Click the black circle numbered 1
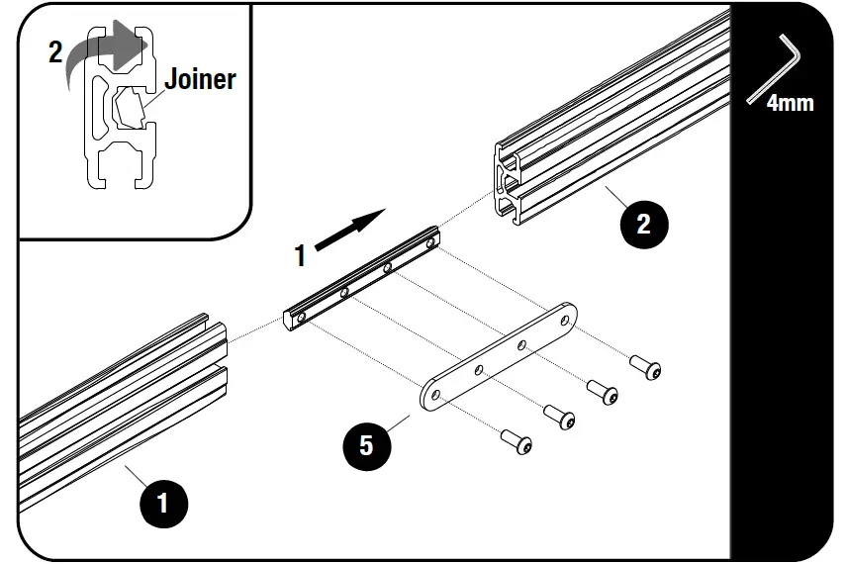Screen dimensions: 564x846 coord(163,503)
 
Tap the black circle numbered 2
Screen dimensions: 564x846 coord(643,223)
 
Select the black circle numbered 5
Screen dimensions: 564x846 coord(366,445)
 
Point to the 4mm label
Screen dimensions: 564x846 coord(790,102)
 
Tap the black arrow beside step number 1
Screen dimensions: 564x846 coord(350,231)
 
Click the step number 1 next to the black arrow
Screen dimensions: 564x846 coord(301,256)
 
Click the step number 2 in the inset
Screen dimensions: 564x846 coord(55,52)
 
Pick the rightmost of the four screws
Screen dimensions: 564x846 coord(648,370)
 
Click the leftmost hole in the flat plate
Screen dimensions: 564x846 coord(434,394)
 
